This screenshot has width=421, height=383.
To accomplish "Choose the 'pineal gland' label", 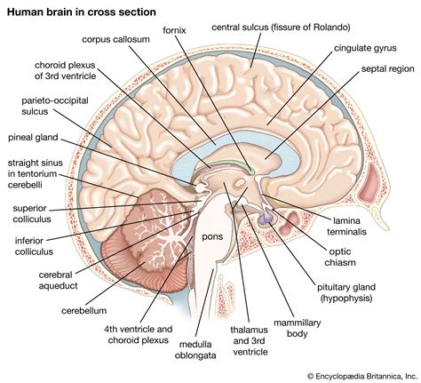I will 35,139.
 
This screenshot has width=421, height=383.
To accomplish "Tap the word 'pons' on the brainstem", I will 211,237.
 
